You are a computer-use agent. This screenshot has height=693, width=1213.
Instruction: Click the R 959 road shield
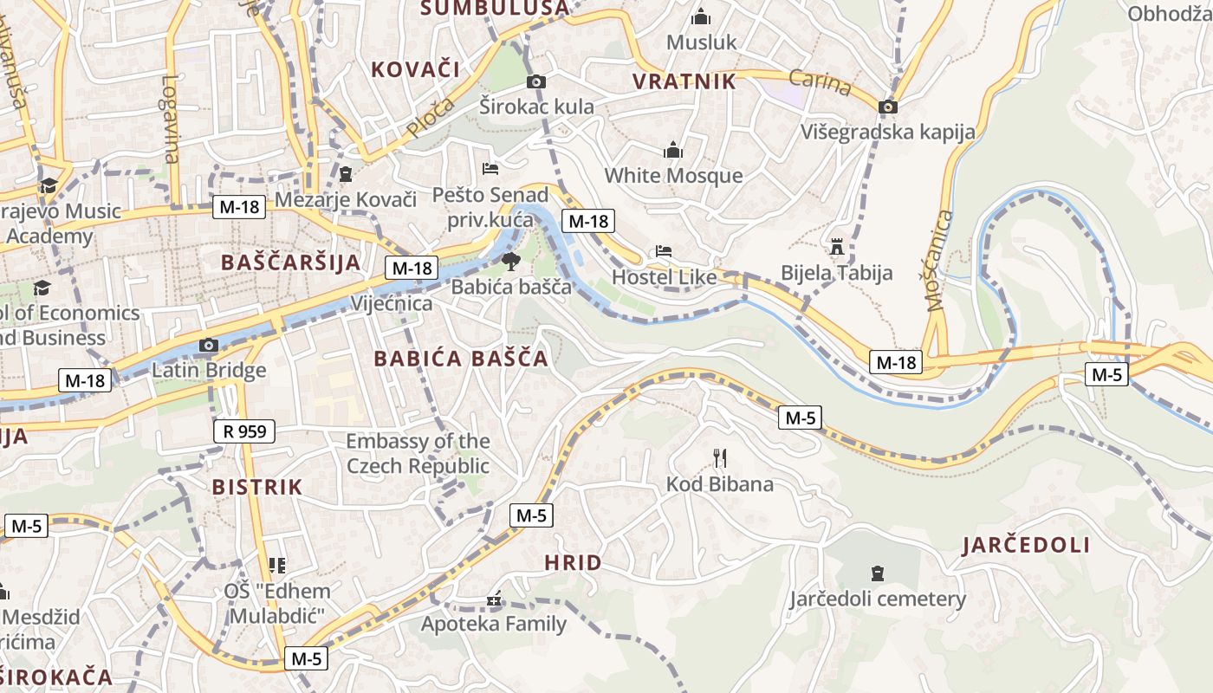pos(244,431)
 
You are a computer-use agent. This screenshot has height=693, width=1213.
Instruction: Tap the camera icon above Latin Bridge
pos(208,346)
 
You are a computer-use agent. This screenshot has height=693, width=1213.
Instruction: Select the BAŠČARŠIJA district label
pos(290,262)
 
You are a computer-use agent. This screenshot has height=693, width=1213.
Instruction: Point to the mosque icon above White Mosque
pos(673,151)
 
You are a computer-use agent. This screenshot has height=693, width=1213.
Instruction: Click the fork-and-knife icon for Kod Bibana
pos(719,458)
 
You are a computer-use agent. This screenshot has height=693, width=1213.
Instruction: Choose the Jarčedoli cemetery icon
pos(877,573)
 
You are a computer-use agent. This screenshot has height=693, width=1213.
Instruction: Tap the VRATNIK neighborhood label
pos(684,81)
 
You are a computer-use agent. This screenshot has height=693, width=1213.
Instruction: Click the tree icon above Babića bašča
pos(510,261)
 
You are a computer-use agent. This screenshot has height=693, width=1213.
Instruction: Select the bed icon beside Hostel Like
pos(664,251)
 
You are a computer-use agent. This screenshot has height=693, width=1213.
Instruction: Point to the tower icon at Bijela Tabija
pos(836,248)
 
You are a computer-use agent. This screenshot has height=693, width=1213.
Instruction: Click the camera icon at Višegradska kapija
pos(887,107)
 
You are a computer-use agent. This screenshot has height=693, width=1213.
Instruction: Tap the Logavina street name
pos(170,119)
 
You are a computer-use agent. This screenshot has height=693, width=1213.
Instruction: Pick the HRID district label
pos(573,563)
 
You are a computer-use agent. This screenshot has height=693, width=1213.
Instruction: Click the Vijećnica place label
pos(392,304)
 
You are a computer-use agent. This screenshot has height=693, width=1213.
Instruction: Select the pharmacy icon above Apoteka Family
pos(494,599)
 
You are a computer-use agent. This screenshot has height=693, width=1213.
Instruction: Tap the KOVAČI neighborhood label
pos(415,69)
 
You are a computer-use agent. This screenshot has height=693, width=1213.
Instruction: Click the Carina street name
pos(821,83)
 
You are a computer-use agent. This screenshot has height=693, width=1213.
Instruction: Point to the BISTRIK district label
pos(257,487)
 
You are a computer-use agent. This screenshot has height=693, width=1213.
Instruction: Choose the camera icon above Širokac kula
pos(536,81)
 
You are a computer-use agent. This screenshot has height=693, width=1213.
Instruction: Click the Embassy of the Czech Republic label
pos(418,454)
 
